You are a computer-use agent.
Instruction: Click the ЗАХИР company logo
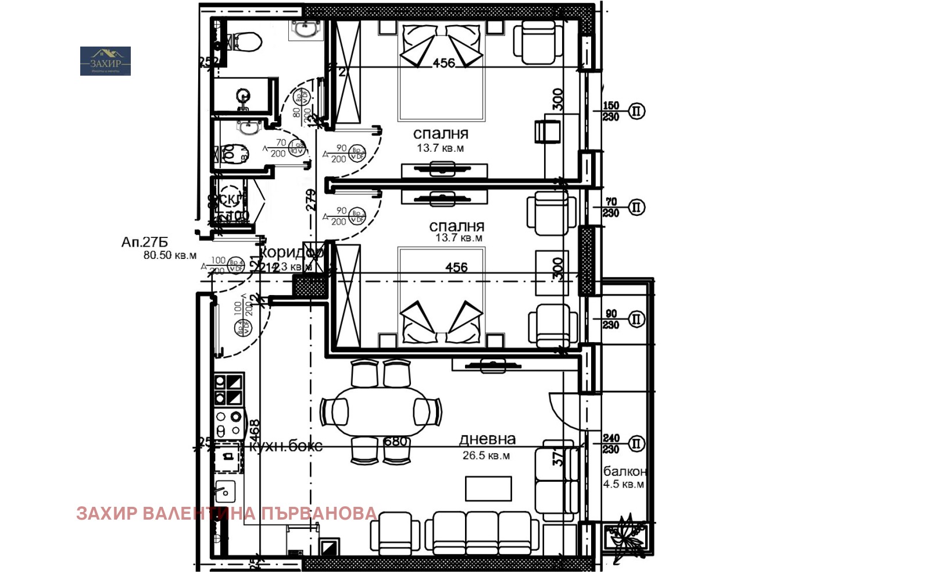pyautogui.click(x=105, y=61)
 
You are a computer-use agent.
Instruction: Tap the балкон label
pyautogui.click(x=624, y=471)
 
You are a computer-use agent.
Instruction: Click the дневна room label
pyautogui.click(x=487, y=439)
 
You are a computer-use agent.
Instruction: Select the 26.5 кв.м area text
pyautogui.click(x=486, y=456)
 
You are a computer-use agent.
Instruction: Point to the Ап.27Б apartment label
pyautogui.click(x=144, y=242)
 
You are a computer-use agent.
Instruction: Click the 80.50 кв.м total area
pyautogui.click(x=170, y=255)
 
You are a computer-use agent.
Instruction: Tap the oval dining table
pyautogui.click(x=381, y=411)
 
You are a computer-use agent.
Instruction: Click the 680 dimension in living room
pyautogui.click(x=395, y=442)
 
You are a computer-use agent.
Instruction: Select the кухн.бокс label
pyautogui.click(x=285, y=446)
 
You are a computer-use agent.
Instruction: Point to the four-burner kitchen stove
pyautogui.click(x=228, y=424)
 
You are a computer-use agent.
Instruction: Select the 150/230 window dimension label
pyautogui.click(x=610, y=111)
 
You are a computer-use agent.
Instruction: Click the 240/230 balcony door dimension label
pyautogui.click(x=610, y=443)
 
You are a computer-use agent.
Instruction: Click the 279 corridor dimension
pyautogui.click(x=312, y=199)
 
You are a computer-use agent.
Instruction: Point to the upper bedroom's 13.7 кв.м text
pyautogui.click(x=440, y=148)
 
